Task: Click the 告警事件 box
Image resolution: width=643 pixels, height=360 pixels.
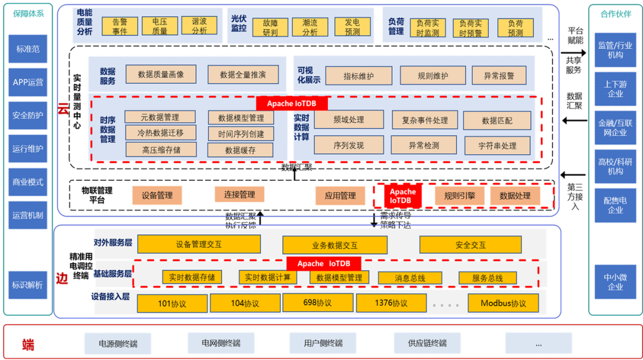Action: coord(120,26)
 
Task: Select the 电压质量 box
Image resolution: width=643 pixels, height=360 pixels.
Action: coord(160,26)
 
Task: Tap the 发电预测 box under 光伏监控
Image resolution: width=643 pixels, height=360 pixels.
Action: coord(352,27)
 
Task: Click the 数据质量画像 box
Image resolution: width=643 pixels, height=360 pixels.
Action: coord(160,74)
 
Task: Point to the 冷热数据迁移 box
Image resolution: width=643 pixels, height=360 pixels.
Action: coord(160,133)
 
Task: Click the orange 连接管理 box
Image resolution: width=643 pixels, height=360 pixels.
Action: coord(239,195)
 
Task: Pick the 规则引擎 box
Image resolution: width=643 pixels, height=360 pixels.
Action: coord(455,195)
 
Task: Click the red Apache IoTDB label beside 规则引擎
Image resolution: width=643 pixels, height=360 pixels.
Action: coord(402,196)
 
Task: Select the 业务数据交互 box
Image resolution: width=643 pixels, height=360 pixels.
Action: coord(335,245)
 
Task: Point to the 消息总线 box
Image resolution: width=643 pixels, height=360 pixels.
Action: coord(410,278)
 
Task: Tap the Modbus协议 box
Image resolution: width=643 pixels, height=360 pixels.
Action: coord(503,303)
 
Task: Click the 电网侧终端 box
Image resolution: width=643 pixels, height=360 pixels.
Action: coord(221,343)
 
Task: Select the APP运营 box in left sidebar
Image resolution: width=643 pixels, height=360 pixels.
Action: coord(28,82)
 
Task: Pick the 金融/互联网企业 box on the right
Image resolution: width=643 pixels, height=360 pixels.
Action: coord(615,128)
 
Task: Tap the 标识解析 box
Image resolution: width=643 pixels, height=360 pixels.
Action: coord(28,285)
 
